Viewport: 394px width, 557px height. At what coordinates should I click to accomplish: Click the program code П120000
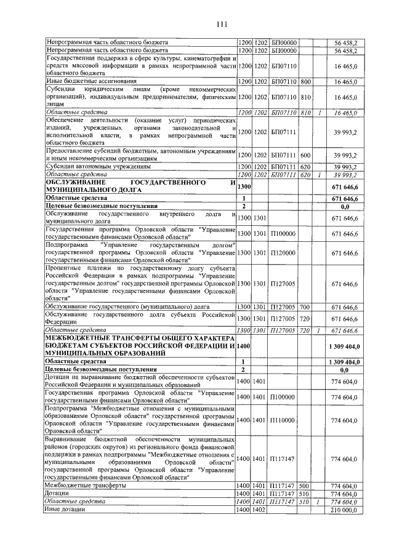[x=283, y=253]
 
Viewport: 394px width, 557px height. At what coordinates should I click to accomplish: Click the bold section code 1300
[x=244, y=186]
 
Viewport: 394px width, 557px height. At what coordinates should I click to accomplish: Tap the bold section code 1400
[x=244, y=348]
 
